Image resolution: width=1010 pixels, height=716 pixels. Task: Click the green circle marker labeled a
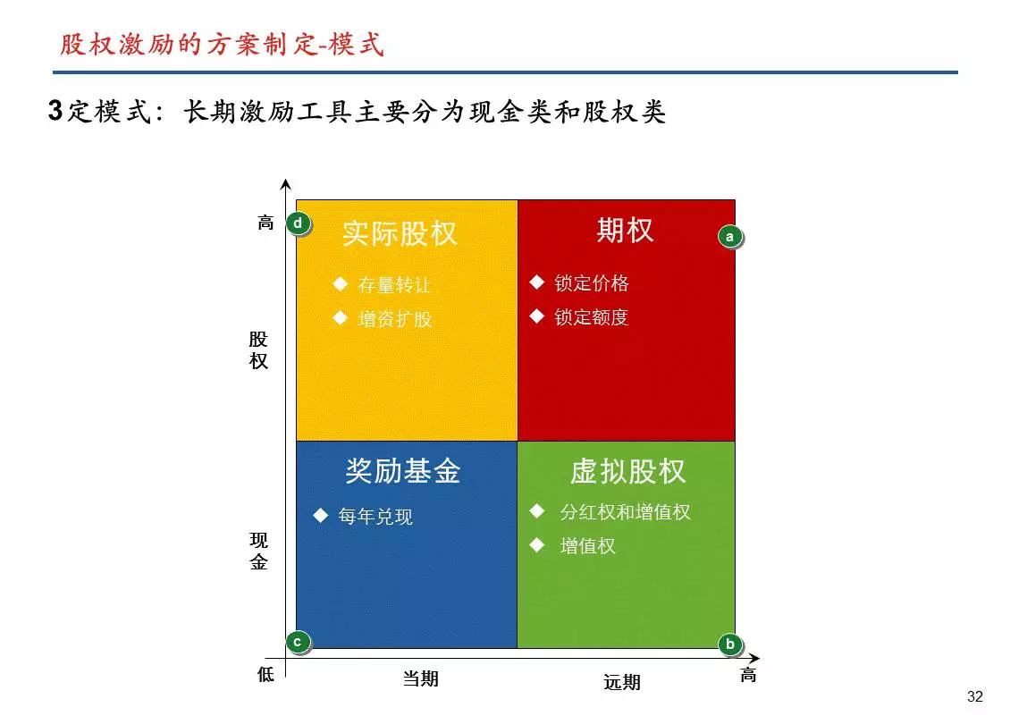[x=730, y=237]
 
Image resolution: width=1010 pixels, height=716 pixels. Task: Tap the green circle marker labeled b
[x=730, y=644]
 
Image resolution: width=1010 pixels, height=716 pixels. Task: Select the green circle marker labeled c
[x=298, y=642]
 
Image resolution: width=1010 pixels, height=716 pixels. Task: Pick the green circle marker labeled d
[x=298, y=223]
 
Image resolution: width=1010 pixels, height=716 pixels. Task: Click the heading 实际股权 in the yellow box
[x=400, y=233]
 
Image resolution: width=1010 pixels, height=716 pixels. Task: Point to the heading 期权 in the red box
[x=625, y=230]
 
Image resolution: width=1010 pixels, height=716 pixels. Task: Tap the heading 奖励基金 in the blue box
[x=402, y=470]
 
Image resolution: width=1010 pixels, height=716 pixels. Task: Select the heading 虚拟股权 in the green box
[x=628, y=471]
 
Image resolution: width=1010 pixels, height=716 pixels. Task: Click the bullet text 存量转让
[x=394, y=285]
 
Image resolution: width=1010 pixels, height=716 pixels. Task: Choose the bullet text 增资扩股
[x=394, y=319]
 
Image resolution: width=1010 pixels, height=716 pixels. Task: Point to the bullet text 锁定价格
[x=592, y=283]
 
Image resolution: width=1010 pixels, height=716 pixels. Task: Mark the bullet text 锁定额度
[x=592, y=317]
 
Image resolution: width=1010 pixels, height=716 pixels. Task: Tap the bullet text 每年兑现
[x=375, y=516]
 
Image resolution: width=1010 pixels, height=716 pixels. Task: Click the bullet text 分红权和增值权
[x=625, y=511]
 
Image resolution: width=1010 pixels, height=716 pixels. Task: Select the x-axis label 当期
[x=421, y=678]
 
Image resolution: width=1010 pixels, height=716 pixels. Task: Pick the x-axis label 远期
[x=621, y=682]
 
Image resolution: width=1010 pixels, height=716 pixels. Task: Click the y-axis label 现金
[x=258, y=551]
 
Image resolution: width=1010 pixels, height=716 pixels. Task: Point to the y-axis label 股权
[x=258, y=350]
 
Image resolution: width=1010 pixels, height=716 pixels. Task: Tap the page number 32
[x=974, y=696]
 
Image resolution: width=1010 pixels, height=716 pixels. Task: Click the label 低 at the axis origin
[x=265, y=675]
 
